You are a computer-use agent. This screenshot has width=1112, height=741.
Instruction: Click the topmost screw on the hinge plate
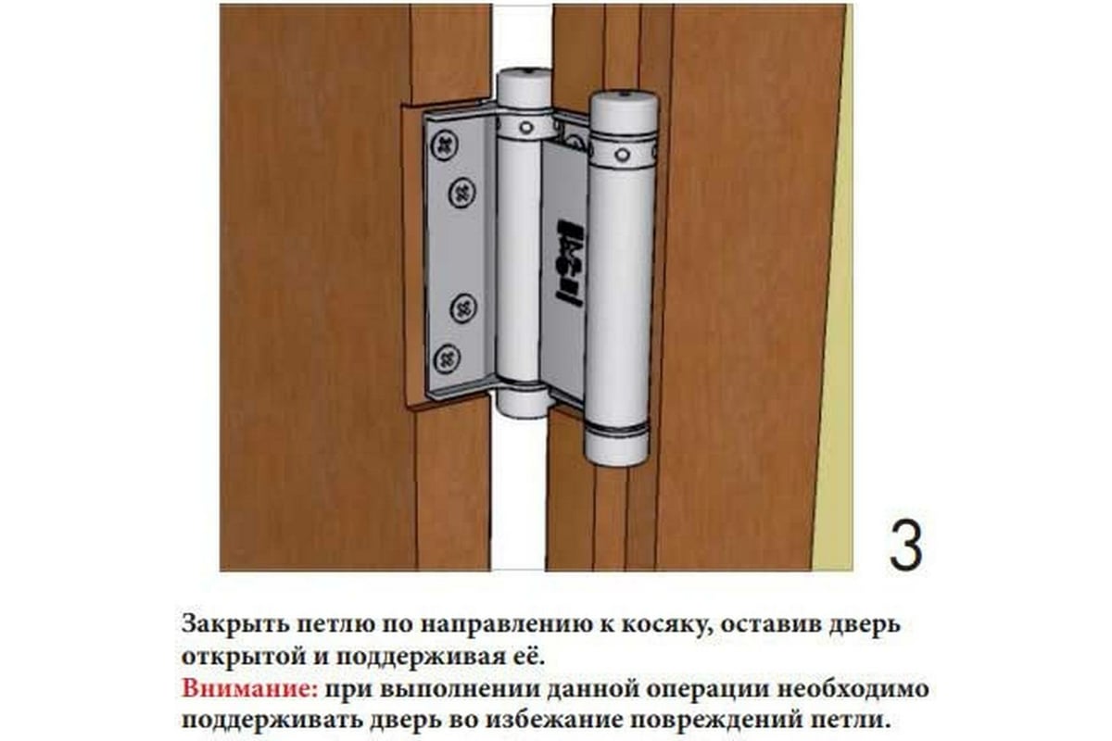444,144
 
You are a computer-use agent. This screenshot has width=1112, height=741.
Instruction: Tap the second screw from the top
461,193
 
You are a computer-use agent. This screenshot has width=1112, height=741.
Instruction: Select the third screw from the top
463,308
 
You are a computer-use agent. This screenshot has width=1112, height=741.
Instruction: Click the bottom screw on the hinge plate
447,358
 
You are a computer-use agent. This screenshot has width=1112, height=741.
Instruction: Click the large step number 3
905,546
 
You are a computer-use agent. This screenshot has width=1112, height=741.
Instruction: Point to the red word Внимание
250,689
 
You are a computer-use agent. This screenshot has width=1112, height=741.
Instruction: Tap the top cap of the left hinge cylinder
524,88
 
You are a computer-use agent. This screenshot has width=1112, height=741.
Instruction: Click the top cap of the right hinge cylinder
624,115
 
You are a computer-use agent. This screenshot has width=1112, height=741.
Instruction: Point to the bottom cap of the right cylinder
616,446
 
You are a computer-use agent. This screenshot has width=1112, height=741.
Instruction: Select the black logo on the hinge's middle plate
569,259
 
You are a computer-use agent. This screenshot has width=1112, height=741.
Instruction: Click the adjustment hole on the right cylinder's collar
622,154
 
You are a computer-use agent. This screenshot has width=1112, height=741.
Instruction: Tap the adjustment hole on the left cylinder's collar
525,127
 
